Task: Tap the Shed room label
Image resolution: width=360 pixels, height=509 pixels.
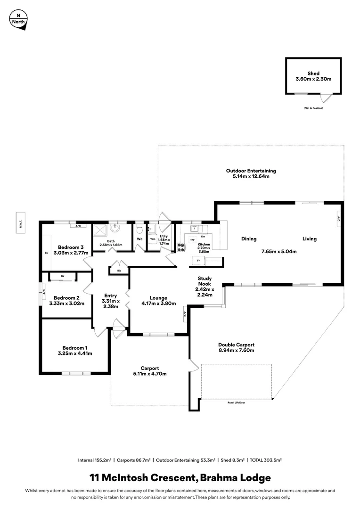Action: coord(313,74)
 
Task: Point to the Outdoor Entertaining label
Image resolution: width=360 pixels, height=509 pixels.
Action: coord(251,171)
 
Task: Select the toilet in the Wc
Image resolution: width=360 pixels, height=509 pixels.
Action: coord(139,230)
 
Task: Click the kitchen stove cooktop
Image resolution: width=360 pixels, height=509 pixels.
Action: coord(180,246)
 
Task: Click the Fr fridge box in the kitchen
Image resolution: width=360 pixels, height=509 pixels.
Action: coord(198,260)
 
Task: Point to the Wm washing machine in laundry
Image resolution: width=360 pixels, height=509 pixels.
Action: coord(153,239)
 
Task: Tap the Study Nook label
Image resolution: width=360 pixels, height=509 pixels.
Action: coord(204,281)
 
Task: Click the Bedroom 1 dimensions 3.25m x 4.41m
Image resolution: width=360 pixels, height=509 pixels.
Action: coord(75,353)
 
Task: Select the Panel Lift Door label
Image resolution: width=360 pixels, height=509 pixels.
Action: coord(236,403)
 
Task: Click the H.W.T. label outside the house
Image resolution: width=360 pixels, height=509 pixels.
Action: coord(19,218)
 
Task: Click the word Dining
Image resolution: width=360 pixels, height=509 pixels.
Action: coord(249,239)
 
